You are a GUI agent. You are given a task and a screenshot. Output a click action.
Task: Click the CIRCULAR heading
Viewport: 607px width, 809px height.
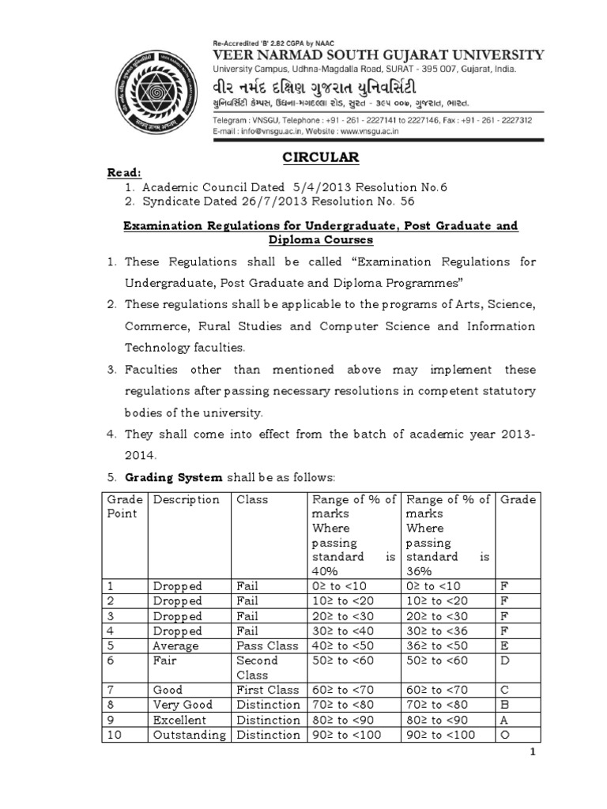click(322, 158)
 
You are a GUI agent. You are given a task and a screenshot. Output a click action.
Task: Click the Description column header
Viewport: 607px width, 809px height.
click(187, 499)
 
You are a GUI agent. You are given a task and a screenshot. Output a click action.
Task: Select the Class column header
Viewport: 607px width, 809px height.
click(252, 499)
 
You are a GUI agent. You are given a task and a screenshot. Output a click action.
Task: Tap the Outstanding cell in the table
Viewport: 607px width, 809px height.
click(189, 735)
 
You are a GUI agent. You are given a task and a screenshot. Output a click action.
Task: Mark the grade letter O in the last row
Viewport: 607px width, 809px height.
click(505, 735)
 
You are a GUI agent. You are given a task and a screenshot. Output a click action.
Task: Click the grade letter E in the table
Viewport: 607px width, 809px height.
click(504, 645)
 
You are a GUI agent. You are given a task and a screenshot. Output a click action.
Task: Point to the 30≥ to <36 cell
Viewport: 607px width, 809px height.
click(439, 630)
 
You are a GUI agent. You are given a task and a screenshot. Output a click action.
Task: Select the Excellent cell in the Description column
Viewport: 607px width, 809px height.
click(180, 720)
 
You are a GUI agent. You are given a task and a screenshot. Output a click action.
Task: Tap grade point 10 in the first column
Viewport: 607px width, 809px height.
click(114, 735)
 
